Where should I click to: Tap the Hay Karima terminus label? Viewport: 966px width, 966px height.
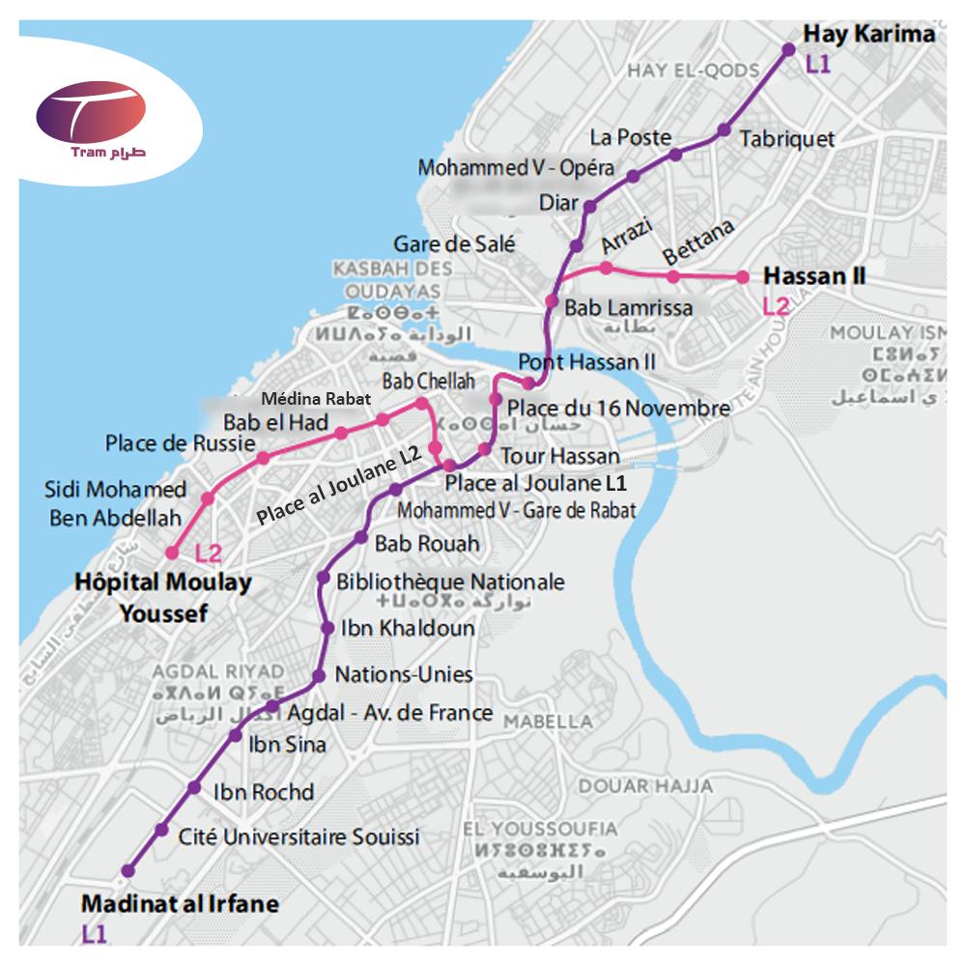pos(869,35)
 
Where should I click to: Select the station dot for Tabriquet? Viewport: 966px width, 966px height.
pos(724,130)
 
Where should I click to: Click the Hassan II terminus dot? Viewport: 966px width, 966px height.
pos(743,277)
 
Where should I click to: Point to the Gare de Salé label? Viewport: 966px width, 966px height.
pos(454,243)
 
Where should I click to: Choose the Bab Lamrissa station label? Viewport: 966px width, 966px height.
pos(628,309)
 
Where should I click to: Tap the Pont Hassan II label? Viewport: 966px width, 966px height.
pos(587,361)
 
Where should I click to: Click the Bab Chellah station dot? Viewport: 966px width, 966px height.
pos(421,403)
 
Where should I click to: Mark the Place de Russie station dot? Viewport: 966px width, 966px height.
pos(263,458)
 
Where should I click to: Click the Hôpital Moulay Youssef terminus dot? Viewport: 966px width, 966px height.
pos(172,554)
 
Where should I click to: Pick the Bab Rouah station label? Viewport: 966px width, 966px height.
pos(426,544)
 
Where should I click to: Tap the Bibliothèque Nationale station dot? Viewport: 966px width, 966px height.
pos(324,578)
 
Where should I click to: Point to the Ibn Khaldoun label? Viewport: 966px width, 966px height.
pos(408,628)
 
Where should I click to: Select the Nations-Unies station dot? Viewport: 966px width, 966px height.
pos(319,675)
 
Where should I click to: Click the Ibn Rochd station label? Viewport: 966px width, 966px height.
pos(263,792)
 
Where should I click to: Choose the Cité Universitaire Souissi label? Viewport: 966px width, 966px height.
pos(299,837)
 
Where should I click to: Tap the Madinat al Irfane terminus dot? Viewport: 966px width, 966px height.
pos(127,870)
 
